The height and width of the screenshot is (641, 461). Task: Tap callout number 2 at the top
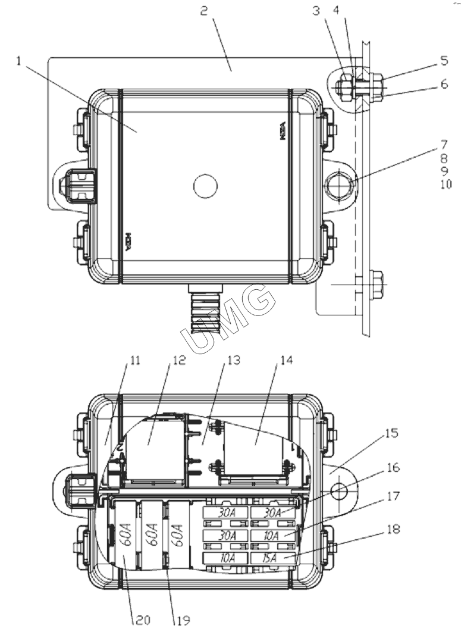click(x=205, y=11)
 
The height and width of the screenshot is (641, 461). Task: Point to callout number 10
click(x=446, y=185)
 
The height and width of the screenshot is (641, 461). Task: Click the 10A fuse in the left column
click(x=225, y=558)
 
